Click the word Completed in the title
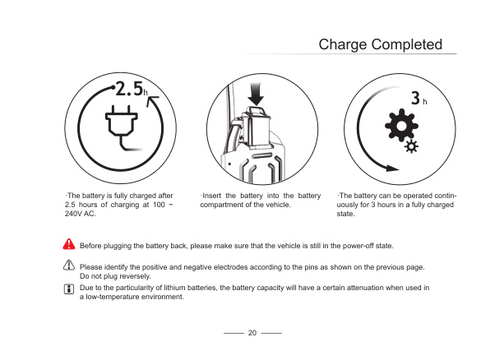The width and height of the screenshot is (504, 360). pos(407,44)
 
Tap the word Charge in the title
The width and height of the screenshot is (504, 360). pos(343,45)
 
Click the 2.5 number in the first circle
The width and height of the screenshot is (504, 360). pos(129,89)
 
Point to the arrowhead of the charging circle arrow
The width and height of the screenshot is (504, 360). pos(152,101)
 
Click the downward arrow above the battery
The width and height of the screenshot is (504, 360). pos(256,94)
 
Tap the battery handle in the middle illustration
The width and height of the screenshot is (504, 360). pos(257,112)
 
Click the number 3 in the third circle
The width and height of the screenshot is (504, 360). pos(416,98)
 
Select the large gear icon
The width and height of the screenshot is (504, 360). pos(401,126)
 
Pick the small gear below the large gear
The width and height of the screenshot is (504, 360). pos(411,146)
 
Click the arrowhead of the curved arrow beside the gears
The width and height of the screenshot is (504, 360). pos(392,168)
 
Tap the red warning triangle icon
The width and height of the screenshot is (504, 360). pos(69,244)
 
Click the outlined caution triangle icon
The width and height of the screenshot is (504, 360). pos(69,265)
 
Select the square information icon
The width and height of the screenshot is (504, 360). pos(69,288)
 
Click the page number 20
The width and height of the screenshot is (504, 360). pos(252,333)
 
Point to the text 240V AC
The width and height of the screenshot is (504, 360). pos(80,214)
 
